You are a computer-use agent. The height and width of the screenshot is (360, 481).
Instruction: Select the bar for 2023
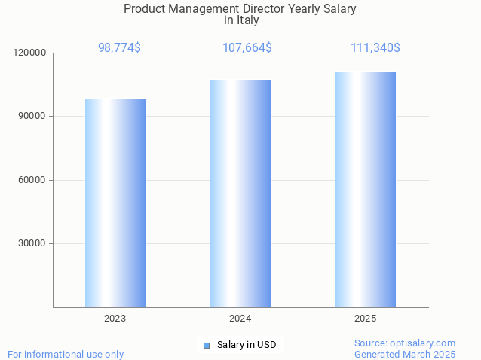click(x=115, y=203)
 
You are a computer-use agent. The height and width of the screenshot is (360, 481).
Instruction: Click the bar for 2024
click(x=240, y=194)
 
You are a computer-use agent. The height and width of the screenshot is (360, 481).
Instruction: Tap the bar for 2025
click(x=366, y=189)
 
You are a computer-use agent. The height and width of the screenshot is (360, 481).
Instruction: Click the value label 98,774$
click(x=119, y=47)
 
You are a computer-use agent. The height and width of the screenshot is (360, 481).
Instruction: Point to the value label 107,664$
click(x=247, y=47)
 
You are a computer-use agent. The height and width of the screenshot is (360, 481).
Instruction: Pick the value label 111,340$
click(x=375, y=47)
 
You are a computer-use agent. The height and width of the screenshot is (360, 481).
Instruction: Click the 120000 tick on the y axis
click(x=31, y=53)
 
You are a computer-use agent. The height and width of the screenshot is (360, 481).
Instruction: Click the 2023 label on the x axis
click(x=115, y=319)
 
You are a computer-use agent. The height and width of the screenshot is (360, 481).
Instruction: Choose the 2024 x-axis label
click(x=240, y=319)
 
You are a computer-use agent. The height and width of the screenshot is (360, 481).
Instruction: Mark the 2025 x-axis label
click(x=366, y=319)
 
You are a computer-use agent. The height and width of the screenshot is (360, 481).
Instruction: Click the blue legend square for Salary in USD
click(x=206, y=346)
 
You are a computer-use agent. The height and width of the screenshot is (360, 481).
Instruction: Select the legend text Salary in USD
click(x=247, y=346)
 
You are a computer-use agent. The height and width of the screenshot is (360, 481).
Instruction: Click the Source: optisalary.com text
click(x=405, y=343)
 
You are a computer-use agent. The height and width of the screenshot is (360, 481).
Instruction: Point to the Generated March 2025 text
click(x=405, y=354)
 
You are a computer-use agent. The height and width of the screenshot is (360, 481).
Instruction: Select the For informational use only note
click(x=66, y=354)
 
